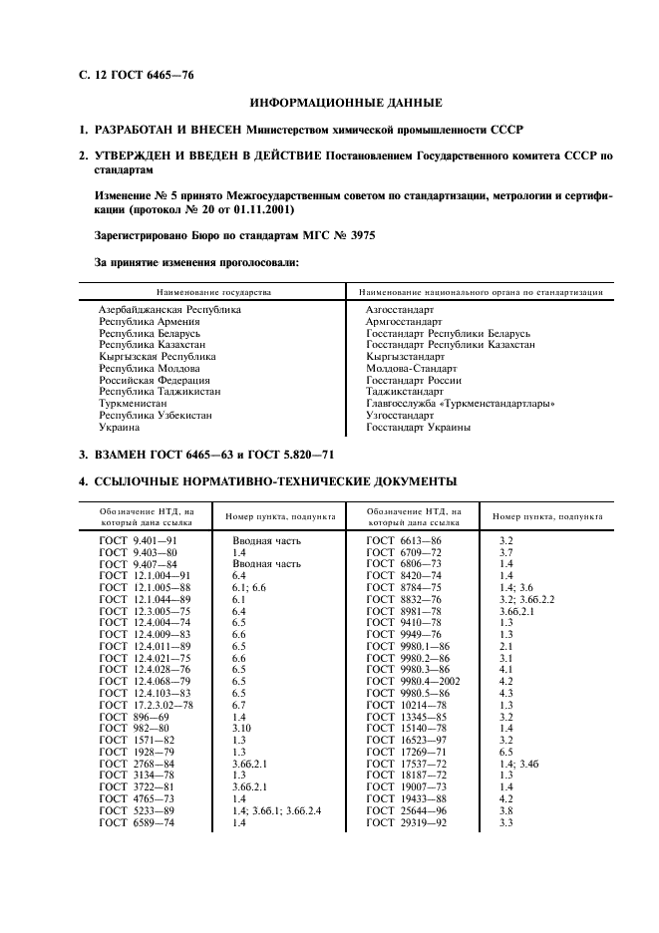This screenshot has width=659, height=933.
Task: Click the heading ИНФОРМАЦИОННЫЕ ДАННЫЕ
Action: click(346, 103)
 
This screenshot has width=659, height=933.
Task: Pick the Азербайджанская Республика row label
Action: click(169, 310)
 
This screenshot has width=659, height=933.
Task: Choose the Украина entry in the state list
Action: click(120, 428)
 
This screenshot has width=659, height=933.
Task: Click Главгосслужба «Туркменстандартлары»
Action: click(461, 404)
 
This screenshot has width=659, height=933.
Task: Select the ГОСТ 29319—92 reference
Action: click(407, 822)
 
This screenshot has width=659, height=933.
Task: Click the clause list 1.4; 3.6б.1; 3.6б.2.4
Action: click(276, 810)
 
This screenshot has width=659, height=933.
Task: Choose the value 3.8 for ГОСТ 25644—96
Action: click(505, 810)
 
